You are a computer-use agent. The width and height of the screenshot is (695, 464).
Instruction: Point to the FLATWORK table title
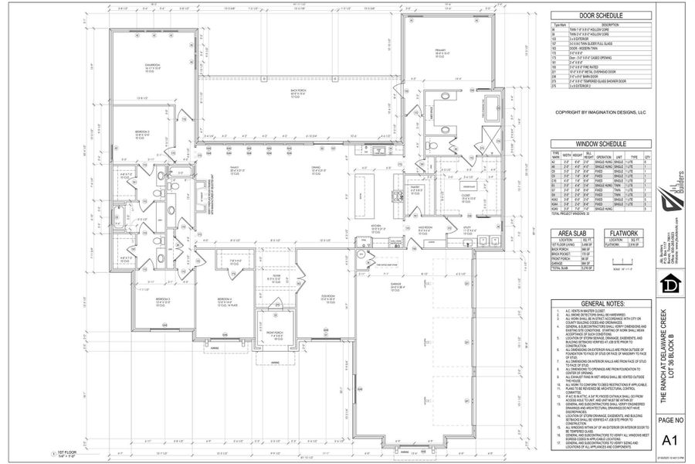(x=625, y=233)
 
